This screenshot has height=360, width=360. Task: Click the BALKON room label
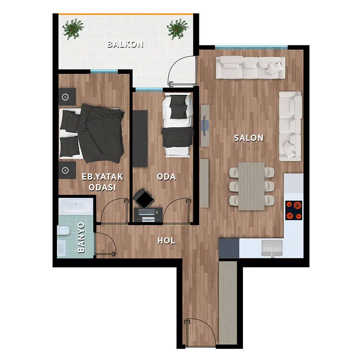(125, 44)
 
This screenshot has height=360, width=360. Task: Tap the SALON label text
(249, 138)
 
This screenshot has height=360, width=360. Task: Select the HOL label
(166, 240)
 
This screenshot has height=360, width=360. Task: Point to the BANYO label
(81, 237)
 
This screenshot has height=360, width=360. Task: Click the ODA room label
(166, 176)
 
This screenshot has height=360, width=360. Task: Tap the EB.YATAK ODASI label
(102, 182)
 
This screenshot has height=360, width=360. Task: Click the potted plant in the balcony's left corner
(73, 30)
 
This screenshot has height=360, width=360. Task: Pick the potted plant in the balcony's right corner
(177, 29)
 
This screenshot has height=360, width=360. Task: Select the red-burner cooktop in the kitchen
(294, 210)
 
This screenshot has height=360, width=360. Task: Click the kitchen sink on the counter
(272, 248)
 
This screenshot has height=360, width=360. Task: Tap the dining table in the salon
(252, 186)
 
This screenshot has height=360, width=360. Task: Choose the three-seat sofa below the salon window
(251, 68)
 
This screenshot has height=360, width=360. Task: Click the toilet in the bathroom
(63, 231)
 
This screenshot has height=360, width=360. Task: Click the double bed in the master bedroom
(92, 134)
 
